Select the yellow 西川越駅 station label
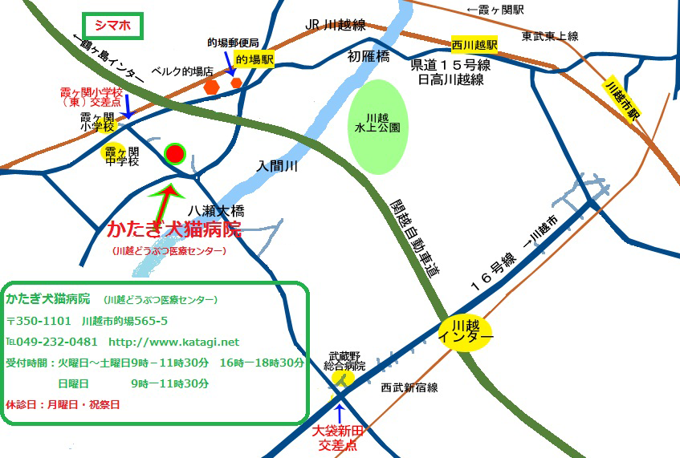pos(474,46)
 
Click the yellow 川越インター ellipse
pos(466,331)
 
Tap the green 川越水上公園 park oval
pos(377,127)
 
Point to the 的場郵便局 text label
pos(233,42)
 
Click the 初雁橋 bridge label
pos(369,57)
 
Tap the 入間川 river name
pos(278,167)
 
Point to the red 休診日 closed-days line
pos(63,404)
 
